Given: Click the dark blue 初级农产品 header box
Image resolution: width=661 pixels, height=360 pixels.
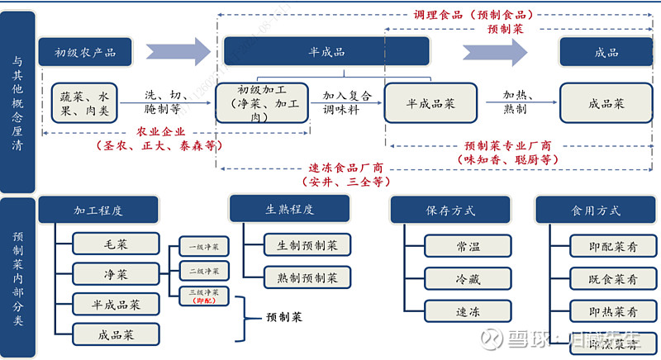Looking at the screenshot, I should pos(85,53).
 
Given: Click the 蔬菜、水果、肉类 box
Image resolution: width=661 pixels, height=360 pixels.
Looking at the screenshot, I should pos(85,102).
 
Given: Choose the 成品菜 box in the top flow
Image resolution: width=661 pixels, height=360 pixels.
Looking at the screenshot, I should pos(606,104).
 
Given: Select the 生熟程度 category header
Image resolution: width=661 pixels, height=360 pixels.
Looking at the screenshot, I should pos(289,209).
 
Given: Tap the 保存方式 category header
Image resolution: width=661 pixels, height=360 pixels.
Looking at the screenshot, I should pos(445,211).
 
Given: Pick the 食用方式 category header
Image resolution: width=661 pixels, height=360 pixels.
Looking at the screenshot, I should pos(589,211).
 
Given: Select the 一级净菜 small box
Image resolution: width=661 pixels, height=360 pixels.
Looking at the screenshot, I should pos(205,247).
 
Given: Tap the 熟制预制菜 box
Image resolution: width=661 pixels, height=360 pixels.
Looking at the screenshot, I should pos(307,276).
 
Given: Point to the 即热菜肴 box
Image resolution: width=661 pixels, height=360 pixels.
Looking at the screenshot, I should pos(613,311).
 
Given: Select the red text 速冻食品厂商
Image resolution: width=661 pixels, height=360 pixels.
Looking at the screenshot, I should pos(345,167).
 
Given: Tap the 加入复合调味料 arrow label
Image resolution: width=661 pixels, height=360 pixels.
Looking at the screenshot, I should pos(346,102).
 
